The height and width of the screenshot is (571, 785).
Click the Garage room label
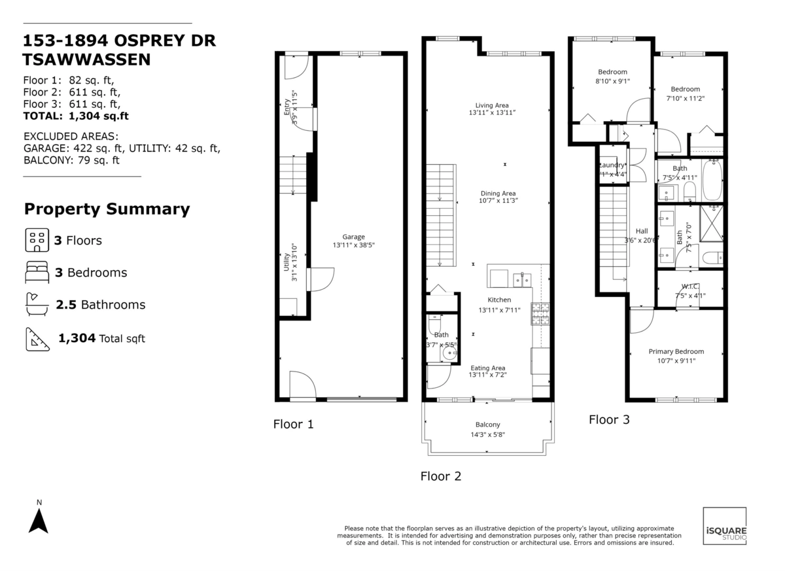pos(353,237)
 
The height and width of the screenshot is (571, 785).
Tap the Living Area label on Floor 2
pos(492,105)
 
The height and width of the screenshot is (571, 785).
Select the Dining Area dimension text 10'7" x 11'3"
pos(498,201)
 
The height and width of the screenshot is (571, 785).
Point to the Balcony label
pos(487,424)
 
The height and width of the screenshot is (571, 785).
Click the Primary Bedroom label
pos(676,351)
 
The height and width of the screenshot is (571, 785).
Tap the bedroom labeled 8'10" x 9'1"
pos(612,72)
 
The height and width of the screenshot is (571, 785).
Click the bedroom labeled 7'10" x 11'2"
pos(685,89)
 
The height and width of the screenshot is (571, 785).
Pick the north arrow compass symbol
pos(39,521)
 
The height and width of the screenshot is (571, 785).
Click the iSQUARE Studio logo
pos(724,526)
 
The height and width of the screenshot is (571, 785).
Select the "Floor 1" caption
pos(293,424)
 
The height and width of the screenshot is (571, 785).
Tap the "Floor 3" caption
pos(609,420)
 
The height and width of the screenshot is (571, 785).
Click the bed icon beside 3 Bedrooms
pos(37,273)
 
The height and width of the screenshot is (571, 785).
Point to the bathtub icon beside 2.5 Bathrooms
pos(37,305)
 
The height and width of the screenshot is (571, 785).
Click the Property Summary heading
pos(107,209)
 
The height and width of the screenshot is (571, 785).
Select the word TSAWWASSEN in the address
pos(86,60)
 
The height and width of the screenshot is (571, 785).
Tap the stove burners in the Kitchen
pos(540,314)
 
